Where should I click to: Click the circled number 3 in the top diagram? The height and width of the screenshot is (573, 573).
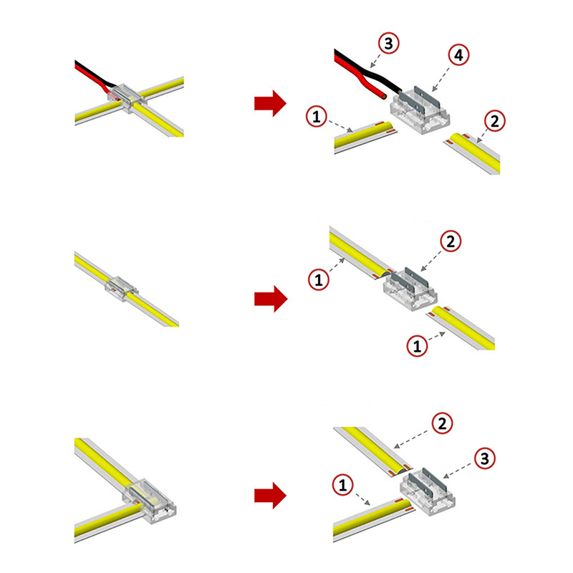tap(388, 43)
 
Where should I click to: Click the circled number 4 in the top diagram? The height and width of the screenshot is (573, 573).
tap(458, 55)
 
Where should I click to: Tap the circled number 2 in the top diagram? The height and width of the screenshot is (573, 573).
tap(494, 121)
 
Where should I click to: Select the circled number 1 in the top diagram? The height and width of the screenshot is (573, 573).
tap(316, 117)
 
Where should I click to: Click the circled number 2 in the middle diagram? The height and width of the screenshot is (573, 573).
tap(451, 241)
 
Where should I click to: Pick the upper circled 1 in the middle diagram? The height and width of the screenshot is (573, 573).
tap(319, 280)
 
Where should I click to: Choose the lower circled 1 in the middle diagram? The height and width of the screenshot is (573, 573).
tap(417, 345)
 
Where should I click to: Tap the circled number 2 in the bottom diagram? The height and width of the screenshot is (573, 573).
tap(442, 423)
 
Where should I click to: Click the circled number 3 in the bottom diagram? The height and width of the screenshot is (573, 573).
tap(485, 458)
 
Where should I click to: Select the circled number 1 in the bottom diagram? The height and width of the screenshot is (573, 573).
tap(342, 485)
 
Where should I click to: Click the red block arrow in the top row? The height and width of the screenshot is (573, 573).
tap(270, 103)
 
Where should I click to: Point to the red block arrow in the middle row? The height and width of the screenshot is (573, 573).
tap(271, 299)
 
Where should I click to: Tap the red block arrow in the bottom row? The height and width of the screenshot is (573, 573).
tap(270, 496)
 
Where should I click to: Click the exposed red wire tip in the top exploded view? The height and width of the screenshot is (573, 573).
tap(383, 95)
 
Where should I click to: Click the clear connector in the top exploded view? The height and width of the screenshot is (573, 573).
tap(420, 112)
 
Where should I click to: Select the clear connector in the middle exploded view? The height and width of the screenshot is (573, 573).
tap(410, 289)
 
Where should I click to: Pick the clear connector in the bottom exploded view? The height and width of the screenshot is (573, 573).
tap(428, 491)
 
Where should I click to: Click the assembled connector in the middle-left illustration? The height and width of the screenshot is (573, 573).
tap(122, 289)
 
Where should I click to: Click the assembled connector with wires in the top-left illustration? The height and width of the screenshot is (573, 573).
tap(127, 97)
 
